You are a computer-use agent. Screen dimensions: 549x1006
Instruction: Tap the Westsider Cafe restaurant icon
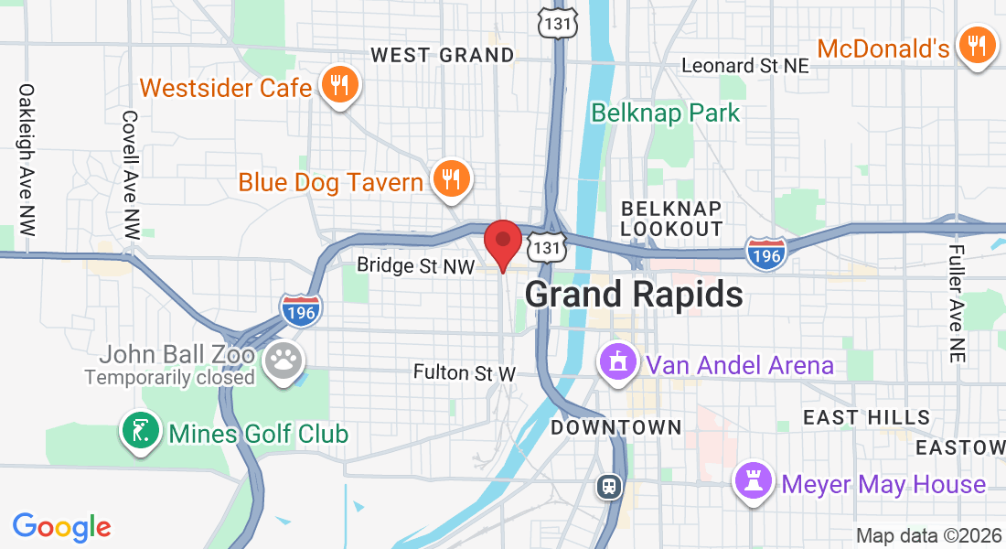(340, 87)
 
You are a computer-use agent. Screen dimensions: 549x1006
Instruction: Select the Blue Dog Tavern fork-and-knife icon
(450, 179)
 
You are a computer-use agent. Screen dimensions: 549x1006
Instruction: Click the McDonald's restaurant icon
(977, 46)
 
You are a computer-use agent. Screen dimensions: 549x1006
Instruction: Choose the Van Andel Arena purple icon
(618, 364)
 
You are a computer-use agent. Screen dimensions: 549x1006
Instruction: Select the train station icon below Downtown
(610, 486)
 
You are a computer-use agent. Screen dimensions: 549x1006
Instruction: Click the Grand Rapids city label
(634, 295)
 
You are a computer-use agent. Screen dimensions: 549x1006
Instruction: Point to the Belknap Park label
(665, 113)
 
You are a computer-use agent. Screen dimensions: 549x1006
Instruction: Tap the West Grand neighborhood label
(443, 56)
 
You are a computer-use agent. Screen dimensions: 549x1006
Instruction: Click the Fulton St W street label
(465, 372)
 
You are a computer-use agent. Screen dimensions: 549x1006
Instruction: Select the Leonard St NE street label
(746, 66)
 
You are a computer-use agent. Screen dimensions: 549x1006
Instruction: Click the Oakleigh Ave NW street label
(26, 161)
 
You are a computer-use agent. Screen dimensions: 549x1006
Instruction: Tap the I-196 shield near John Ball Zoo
(301, 309)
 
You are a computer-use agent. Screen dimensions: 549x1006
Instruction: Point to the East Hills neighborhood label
(866, 418)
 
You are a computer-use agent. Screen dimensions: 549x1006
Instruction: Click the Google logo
(61, 527)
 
